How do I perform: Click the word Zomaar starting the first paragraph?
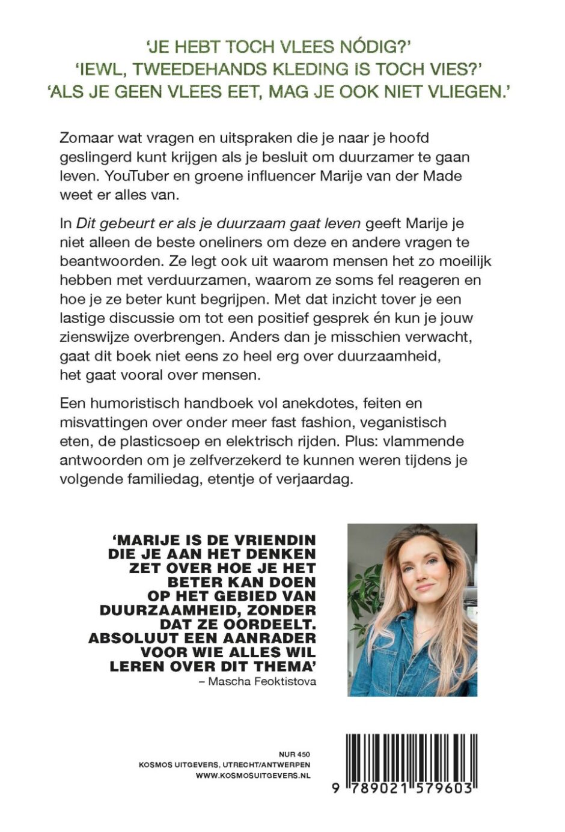[x=85, y=137]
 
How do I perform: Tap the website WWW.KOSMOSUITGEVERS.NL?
[x=253, y=776]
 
